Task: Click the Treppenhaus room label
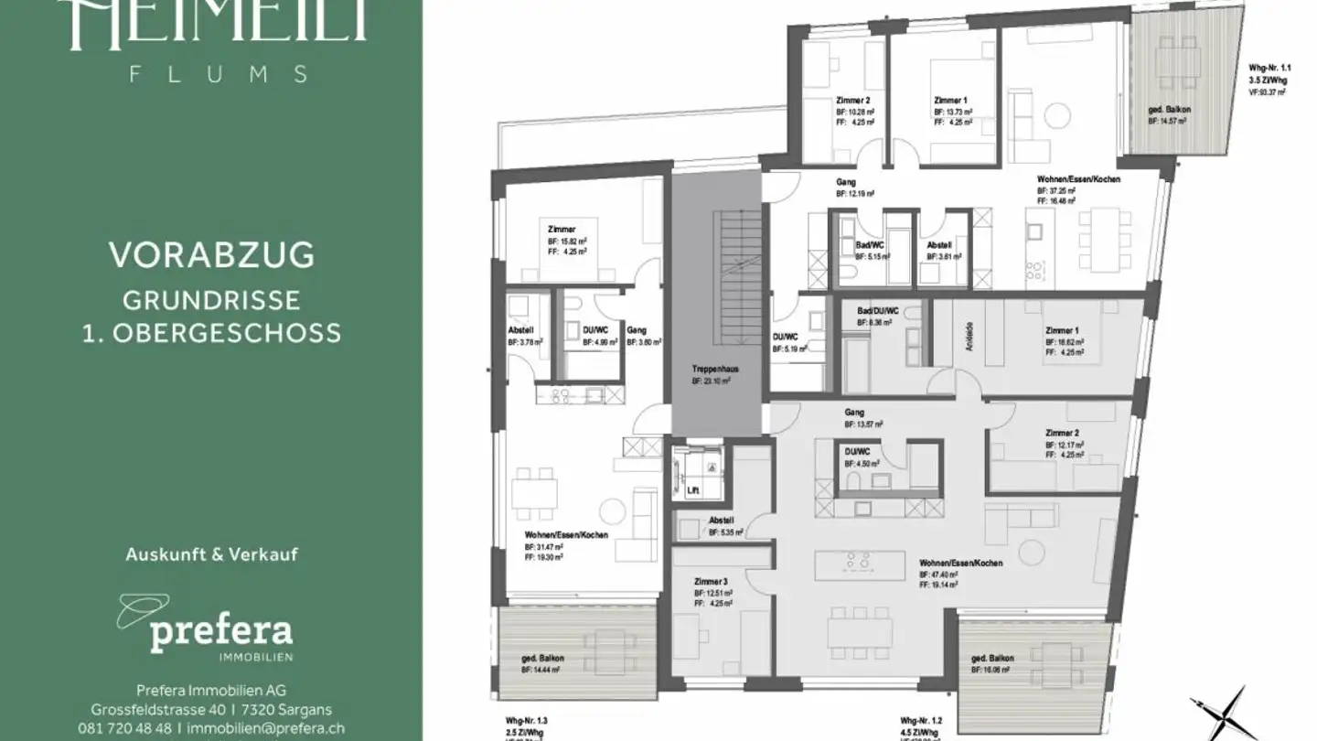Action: [714, 369]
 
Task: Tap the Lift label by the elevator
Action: [692, 491]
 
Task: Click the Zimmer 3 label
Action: [712, 581]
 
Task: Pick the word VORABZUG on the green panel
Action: [211, 255]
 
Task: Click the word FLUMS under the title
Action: [219, 74]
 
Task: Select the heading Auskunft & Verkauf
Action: [211, 554]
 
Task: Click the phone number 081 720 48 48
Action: [124, 728]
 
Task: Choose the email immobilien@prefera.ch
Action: [265, 728]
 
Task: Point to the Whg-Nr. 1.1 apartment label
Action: [1269, 69]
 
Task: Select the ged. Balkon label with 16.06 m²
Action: [991, 659]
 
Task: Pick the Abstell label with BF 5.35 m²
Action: [722, 520]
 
